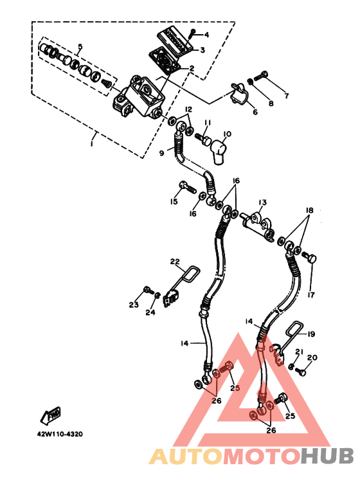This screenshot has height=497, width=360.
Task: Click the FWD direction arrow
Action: point(50,415)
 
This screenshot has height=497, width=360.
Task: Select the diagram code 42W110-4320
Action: point(60,434)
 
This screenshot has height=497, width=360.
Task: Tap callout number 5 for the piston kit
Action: point(80,47)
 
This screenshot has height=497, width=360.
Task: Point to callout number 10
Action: point(227,134)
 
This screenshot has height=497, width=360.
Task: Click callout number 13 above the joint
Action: point(262,203)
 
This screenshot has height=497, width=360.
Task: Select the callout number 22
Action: point(175,262)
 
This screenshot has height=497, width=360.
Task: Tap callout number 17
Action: point(311,294)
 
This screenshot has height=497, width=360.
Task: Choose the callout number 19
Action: point(311,334)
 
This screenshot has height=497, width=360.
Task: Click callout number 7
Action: point(287,95)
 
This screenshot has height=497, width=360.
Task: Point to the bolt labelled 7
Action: point(261,75)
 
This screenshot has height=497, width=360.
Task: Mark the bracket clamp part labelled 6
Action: point(240,93)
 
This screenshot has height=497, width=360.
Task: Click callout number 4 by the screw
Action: point(206,35)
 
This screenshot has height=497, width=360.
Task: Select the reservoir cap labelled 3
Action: point(175,43)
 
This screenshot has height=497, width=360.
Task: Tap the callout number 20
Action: point(312,357)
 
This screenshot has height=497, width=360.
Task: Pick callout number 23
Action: point(134,305)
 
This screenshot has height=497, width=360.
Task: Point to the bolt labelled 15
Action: point(188,188)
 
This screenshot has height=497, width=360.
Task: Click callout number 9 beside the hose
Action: point(161,153)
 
